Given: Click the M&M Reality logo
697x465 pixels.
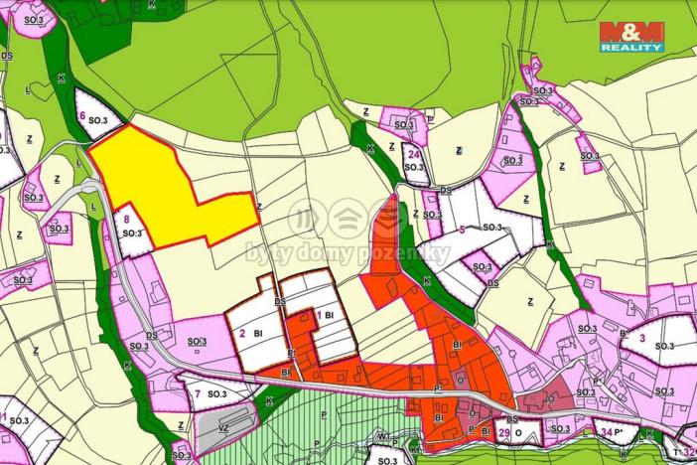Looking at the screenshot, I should pyautogui.click(x=630, y=36).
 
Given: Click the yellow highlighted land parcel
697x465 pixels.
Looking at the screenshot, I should pyautogui.click(x=159, y=189).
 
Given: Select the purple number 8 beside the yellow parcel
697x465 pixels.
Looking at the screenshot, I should pyautogui.click(x=125, y=219).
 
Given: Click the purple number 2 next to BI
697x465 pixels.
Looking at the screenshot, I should pyautogui.click(x=241, y=334).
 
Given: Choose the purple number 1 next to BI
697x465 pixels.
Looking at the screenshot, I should pyautogui.click(x=318, y=315).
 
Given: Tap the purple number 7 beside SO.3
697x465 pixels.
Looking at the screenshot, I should pyautogui.click(x=197, y=394).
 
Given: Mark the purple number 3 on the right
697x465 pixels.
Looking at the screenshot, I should pyautogui.click(x=641, y=339).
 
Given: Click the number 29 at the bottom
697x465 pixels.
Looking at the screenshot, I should pyautogui.click(x=503, y=433).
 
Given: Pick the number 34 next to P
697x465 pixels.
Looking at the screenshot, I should pyautogui.click(x=607, y=432).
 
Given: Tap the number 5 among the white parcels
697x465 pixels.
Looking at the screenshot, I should pyautogui.click(x=462, y=231).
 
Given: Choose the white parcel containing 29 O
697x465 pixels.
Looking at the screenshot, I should pyautogui.click(x=518, y=431).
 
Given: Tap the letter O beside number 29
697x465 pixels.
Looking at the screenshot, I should pyautogui.click(x=518, y=433).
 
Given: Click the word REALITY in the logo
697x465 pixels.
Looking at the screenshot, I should pyautogui.click(x=630, y=46).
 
